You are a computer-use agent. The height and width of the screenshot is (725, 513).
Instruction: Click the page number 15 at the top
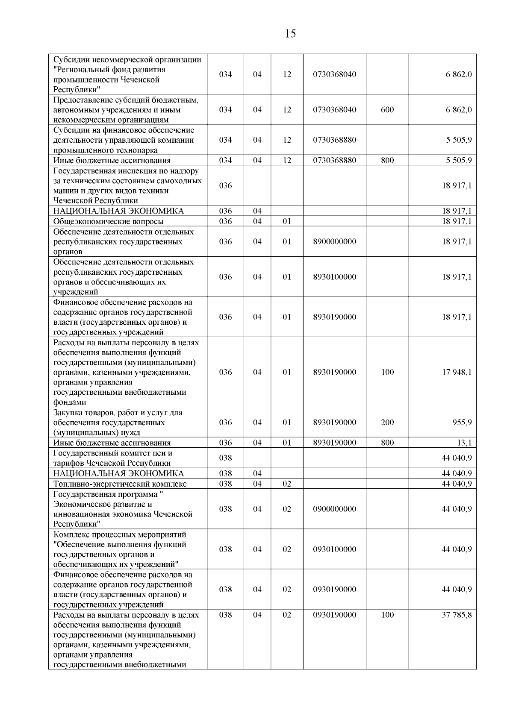(290, 34)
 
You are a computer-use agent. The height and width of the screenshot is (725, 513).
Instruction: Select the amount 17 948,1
(457, 372)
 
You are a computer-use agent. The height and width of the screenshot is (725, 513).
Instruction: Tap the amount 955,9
(462, 423)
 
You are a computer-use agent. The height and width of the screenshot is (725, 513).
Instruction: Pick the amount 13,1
(464, 443)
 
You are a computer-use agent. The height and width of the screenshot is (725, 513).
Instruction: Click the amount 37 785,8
(457, 615)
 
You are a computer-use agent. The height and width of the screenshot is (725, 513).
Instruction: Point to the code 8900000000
(334, 241)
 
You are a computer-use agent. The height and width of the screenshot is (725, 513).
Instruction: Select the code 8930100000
(334, 277)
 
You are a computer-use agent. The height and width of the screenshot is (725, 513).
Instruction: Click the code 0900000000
(334, 509)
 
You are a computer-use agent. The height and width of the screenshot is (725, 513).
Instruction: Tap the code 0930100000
(334, 549)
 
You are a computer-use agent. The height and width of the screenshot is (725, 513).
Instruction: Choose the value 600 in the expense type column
(387, 110)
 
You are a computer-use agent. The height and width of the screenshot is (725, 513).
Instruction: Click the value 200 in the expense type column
(387, 423)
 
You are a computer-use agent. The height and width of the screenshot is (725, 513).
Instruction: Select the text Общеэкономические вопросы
(108, 221)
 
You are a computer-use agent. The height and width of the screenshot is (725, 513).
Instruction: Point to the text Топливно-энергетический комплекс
(120, 484)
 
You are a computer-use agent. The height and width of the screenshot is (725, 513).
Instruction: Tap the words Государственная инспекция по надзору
(126, 171)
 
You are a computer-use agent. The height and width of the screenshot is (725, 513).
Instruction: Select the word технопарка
(137, 150)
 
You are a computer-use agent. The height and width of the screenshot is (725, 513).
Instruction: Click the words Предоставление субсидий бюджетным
(126, 100)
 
